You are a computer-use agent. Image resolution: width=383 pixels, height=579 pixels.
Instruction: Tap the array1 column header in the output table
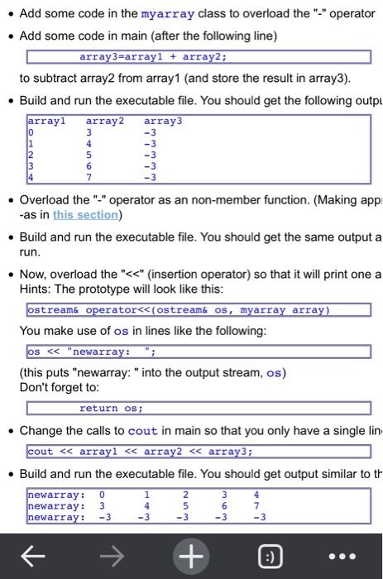[46, 121]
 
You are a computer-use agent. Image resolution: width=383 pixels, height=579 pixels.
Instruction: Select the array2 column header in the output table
[104, 121]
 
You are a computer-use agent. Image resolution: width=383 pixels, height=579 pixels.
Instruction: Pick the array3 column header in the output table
[162, 121]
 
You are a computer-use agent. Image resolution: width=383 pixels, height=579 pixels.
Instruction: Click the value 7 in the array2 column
[89, 176]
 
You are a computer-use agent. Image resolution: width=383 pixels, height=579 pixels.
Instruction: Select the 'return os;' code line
[111, 408]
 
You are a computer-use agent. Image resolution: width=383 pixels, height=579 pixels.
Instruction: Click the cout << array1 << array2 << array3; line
[140, 452]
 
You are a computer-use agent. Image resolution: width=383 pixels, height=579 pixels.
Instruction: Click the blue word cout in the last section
[143, 431]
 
